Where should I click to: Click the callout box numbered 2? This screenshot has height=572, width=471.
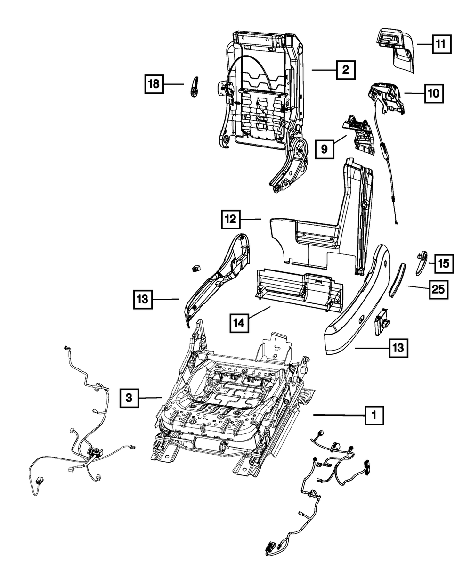(345, 70)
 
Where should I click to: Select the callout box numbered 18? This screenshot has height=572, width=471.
(154, 84)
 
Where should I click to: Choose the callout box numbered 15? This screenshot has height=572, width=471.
(444, 264)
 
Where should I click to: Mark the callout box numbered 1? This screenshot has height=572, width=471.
(374, 415)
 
